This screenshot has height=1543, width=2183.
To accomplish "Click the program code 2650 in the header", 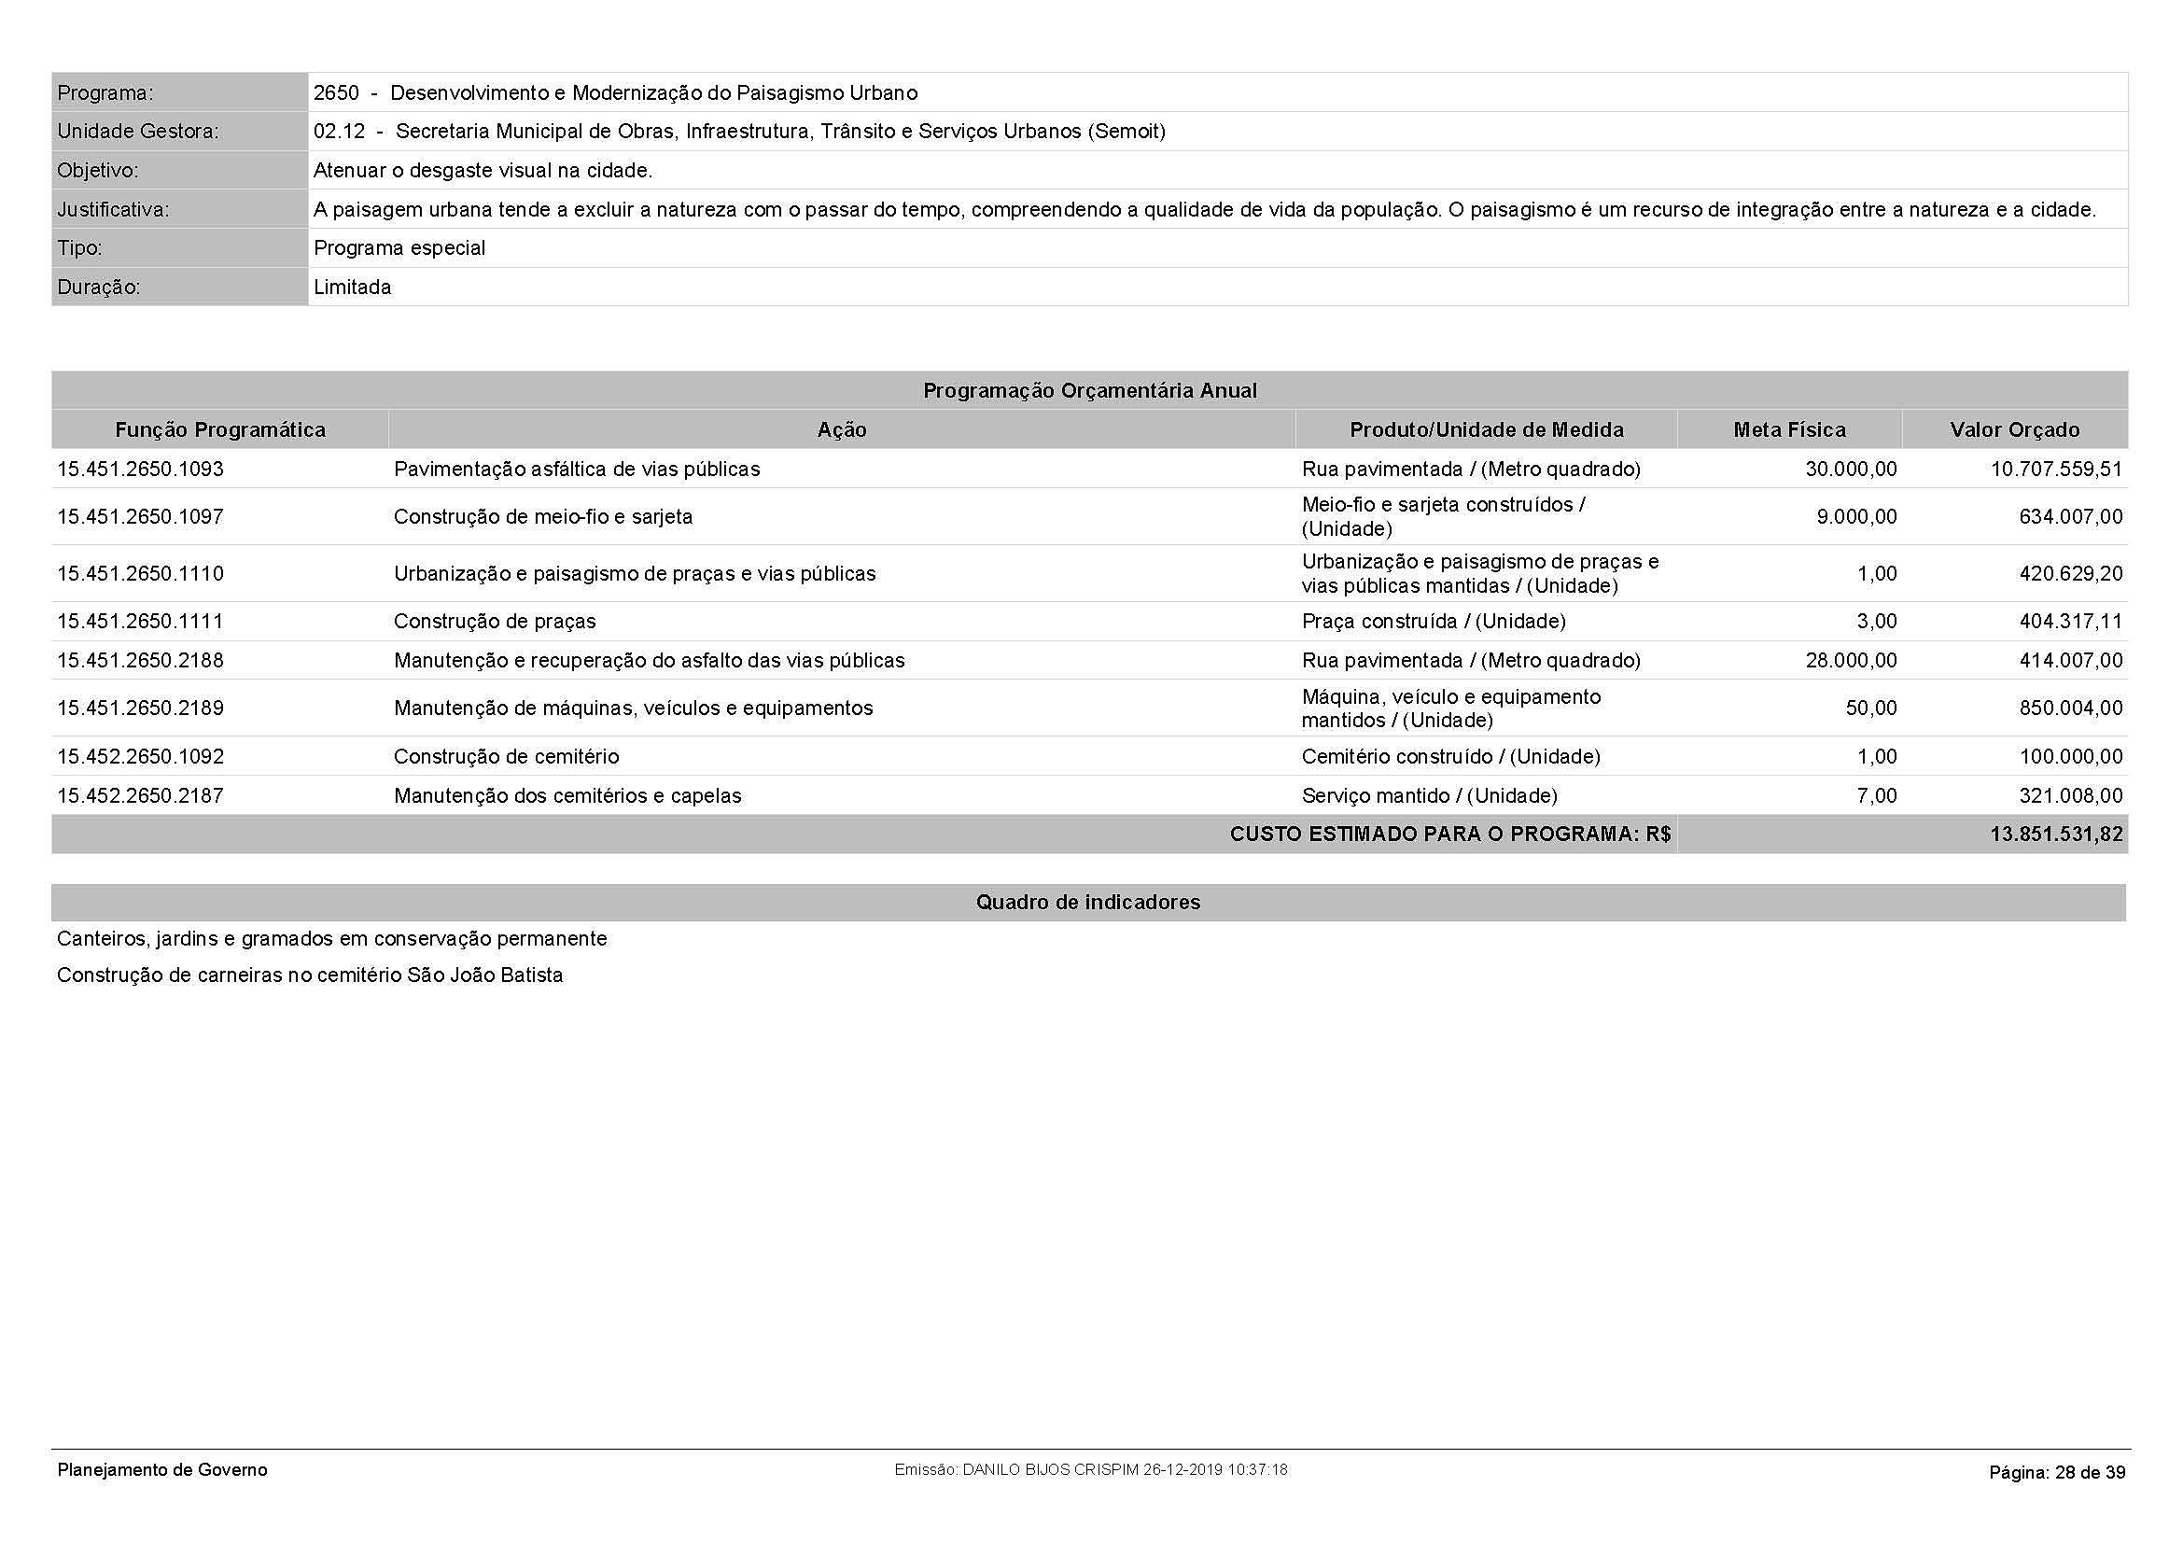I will click(x=337, y=93).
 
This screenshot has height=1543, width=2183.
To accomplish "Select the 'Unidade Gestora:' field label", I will click(x=137, y=132).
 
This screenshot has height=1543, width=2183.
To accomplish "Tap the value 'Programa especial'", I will click(x=399, y=248).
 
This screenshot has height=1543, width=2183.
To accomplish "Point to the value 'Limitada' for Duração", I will click(x=352, y=288).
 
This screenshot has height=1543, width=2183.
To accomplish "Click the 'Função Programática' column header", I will click(x=219, y=429).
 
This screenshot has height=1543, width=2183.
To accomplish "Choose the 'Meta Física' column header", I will click(x=1789, y=429).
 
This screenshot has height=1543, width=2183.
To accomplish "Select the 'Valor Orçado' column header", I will click(x=2015, y=429).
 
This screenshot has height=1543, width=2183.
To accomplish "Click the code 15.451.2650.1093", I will click(x=140, y=469).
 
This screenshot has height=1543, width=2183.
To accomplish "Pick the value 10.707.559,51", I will click(x=2055, y=469).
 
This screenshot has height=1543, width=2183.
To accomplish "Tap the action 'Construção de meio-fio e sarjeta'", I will click(x=543, y=516).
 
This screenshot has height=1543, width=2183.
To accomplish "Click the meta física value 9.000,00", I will click(x=1856, y=516).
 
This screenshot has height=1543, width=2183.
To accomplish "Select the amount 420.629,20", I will click(x=2070, y=573).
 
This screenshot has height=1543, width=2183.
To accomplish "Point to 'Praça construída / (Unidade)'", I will click(x=1433, y=621).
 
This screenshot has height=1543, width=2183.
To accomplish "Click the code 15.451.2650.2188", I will click(x=140, y=660).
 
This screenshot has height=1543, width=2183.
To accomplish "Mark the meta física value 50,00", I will click(x=1870, y=708).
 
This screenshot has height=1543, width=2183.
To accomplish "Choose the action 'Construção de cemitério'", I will click(x=506, y=756).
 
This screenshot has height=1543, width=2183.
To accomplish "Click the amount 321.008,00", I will click(x=2070, y=794).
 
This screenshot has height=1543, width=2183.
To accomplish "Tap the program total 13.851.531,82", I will click(x=2055, y=834).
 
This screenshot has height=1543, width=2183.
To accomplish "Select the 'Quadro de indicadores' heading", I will click(x=1087, y=903).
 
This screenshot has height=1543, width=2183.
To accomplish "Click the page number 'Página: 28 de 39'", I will click(x=2057, y=1473).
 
